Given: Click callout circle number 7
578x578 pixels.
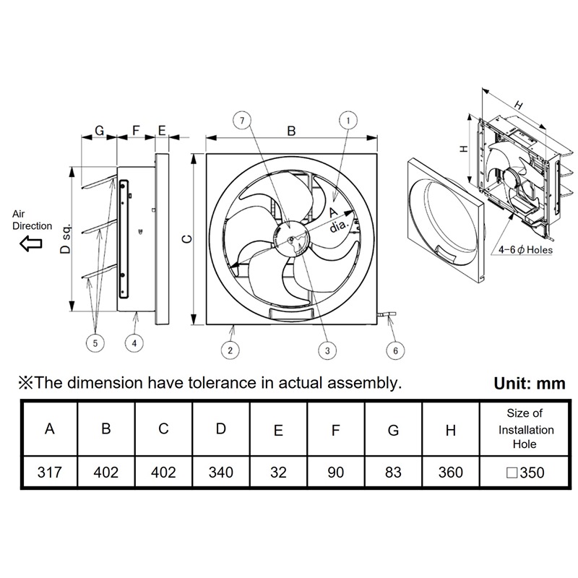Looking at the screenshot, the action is pyautogui.click(x=242, y=121).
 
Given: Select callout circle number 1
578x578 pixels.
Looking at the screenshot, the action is pyautogui.click(x=348, y=121).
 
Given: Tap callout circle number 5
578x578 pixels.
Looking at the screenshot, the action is pyautogui.click(x=95, y=343).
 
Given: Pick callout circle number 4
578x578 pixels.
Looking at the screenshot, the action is pyautogui.click(x=134, y=343).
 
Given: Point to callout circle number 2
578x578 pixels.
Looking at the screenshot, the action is pyautogui.click(x=230, y=350).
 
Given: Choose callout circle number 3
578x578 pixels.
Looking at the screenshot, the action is pyautogui.click(x=327, y=350).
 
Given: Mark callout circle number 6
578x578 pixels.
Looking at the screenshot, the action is pyautogui.click(x=395, y=350).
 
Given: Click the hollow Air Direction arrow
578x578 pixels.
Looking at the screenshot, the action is pyautogui.click(x=31, y=243).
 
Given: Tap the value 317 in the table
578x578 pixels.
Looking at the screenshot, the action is pyautogui.click(x=49, y=473).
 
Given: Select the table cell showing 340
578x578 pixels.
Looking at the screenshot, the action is pyautogui.click(x=221, y=473).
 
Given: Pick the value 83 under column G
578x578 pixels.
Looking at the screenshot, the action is pyautogui.click(x=393, y=473).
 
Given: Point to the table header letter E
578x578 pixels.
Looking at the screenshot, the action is pyautogui.click(x=278, y=430).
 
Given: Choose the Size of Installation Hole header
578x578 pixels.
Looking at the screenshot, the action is pyautogui.click(x=526, y=428).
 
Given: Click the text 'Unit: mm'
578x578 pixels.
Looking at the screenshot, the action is pyautogui.click(x=530, y=384).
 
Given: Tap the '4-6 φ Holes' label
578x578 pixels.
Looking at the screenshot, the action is pyautogui.click(x=526, y=250).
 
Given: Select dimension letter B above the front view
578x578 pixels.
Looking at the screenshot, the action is pyautogui.click(x=291, y=131).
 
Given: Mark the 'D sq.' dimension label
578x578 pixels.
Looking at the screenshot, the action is pyautogui.click(x=65, y=239).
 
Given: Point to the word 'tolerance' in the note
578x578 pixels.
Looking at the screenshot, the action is pyautogui.click(x=220, y=383).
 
